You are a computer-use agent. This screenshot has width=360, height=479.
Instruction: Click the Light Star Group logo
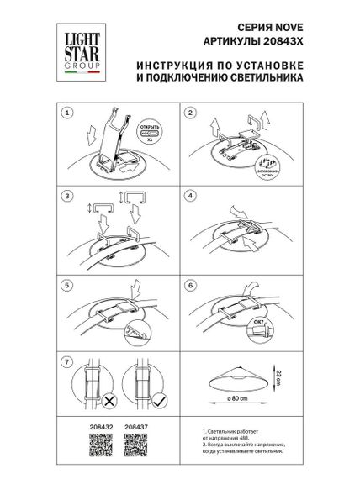click(74, 43)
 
